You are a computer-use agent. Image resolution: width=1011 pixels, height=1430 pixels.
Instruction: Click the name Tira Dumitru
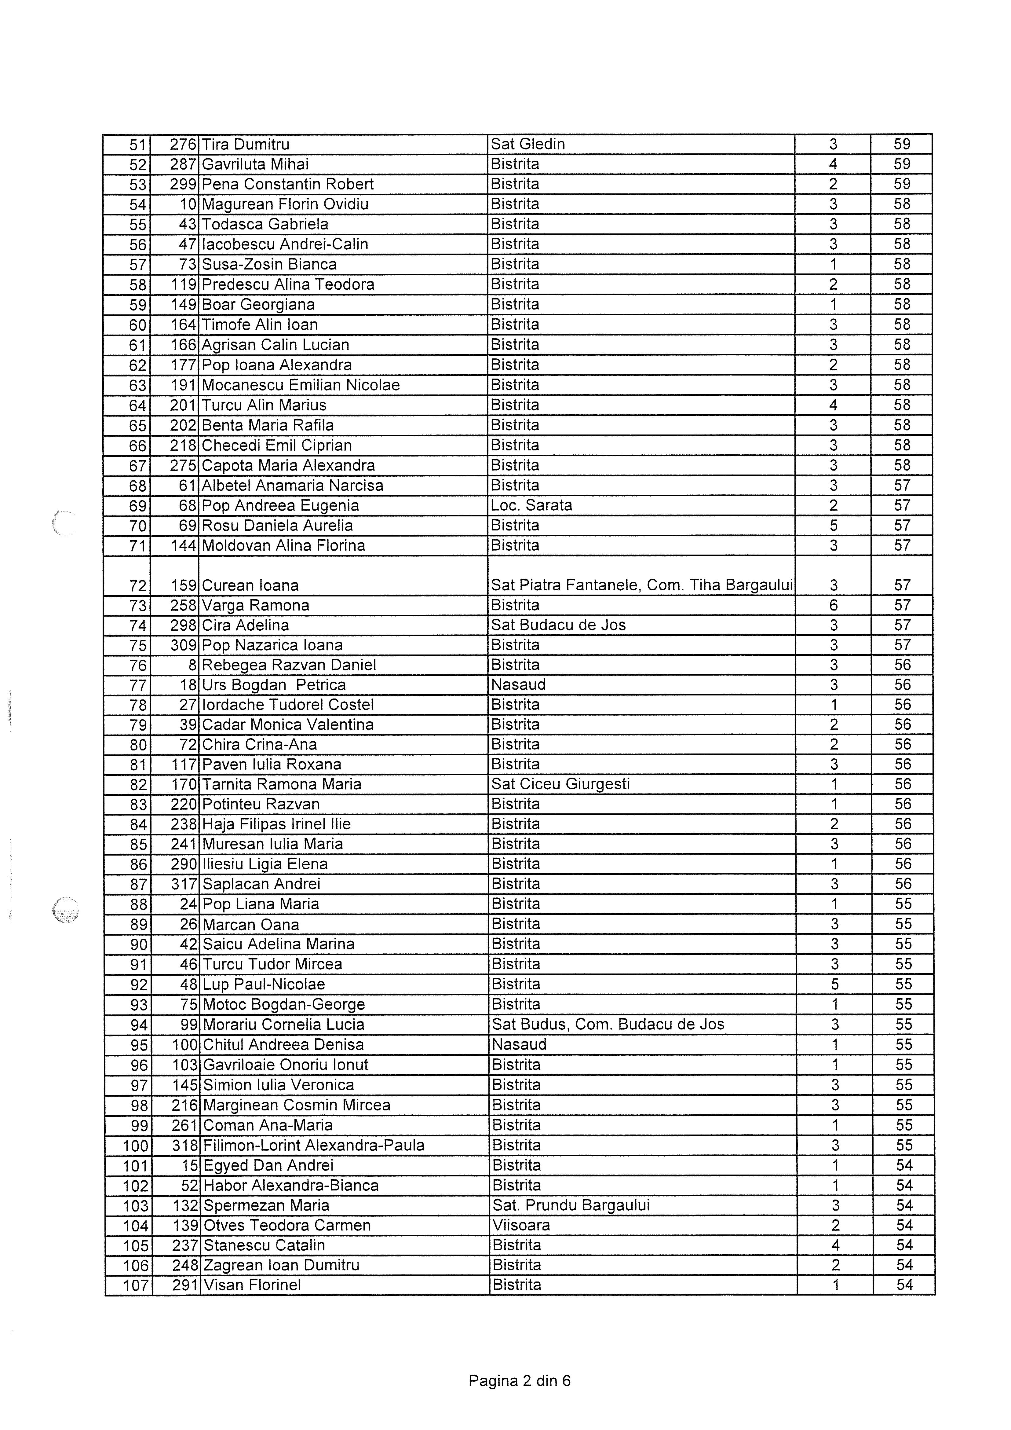click(246, 145)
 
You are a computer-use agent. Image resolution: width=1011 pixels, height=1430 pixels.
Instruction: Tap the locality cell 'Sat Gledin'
click(528, 145)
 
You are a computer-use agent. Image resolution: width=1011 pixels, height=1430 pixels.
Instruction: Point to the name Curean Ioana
click(250, 585)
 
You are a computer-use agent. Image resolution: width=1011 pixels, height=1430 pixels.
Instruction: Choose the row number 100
click(136, 1146)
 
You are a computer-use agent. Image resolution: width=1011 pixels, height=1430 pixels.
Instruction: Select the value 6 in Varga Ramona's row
click(834, 605)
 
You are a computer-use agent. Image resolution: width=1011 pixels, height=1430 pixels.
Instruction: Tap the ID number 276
click(183, 145)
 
